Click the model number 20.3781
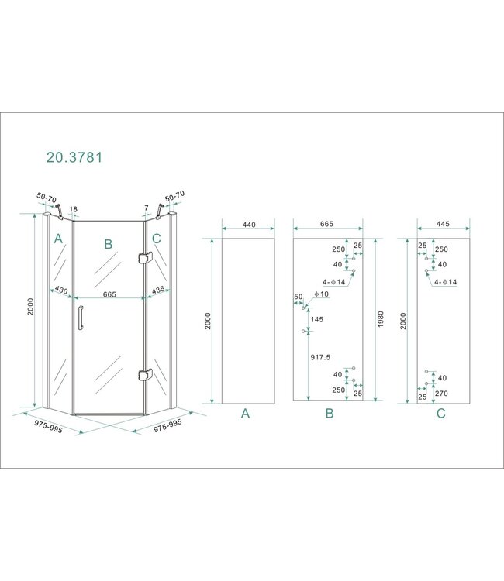[x=74, y=157]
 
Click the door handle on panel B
[x=80, y=317]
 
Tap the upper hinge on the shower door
[x=145, y=257]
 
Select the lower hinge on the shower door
[x=145, y=375]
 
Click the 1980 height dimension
[x=380, y=319]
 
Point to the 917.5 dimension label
[x=320, y=357]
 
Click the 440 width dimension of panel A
[x=249, y=225]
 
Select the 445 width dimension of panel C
[x=443, y=224]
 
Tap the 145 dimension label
[x=317, y=319]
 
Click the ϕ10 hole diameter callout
[x=321, y=294]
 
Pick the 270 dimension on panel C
[x=441, y=393]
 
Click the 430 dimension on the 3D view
[x=61, y=290]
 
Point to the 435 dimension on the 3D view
[x=158, y=290]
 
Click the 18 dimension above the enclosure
[x=74, y=209]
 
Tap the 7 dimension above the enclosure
[x=147, y=208]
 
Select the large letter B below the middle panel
[x=330, y=413]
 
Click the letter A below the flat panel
[x=245, y=413]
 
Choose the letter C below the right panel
[x=441, y=413]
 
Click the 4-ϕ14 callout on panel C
[x=445, y=282]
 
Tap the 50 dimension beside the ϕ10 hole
[x=299, y=297]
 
